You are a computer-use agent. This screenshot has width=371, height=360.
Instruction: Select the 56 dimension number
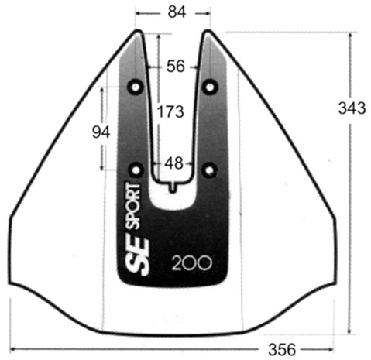[x=176, y=67]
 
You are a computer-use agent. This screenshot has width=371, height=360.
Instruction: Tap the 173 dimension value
[x=170, y=111]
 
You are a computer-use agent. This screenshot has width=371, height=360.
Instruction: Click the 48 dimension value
[x=174, y=163]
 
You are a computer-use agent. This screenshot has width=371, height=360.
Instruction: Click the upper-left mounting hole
[x=139, y=84]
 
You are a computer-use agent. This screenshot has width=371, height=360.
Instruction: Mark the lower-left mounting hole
[x=139, y=168]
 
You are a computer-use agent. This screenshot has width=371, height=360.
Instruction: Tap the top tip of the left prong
[x=139, y=33]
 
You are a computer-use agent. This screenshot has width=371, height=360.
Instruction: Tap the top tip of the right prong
[x=208, y=33]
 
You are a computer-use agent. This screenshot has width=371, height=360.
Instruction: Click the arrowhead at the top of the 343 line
[x=351, y=36]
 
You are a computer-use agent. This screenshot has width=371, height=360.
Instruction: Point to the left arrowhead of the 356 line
[x=12, y=348]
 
